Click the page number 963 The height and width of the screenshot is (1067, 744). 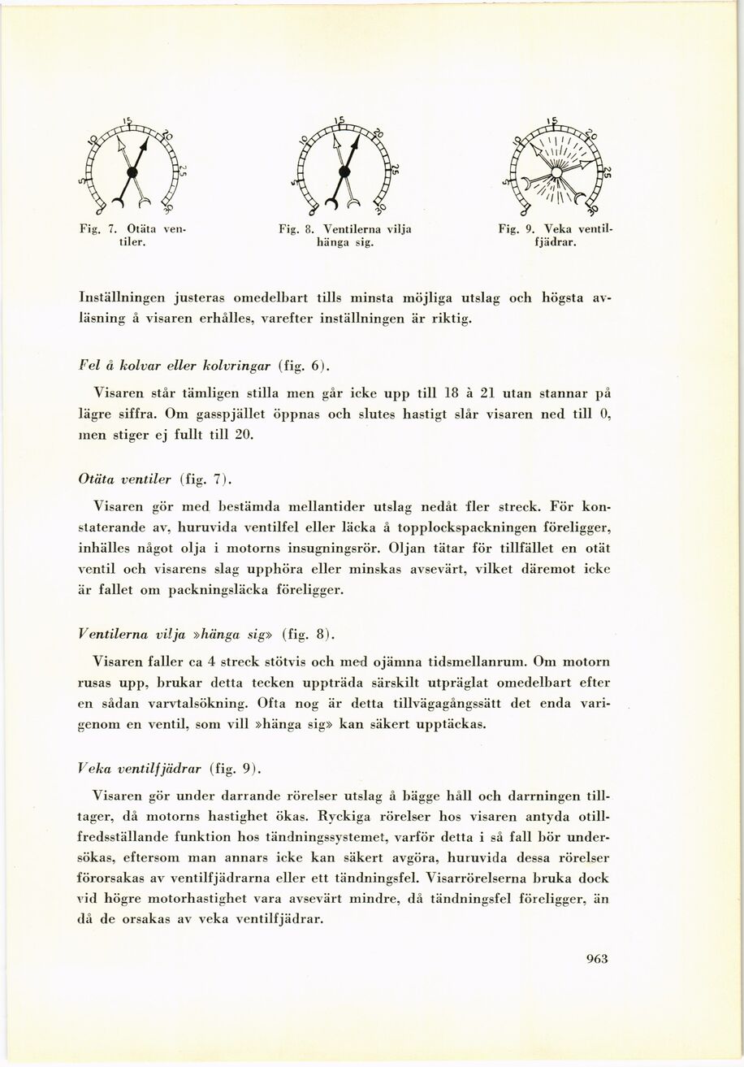596,958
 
